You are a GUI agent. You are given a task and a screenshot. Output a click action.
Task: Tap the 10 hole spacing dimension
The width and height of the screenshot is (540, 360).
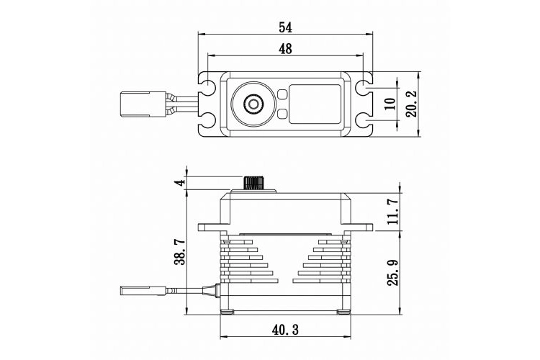click(390, 104)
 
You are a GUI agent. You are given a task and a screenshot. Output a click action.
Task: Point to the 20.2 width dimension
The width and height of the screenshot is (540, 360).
click(412, 104)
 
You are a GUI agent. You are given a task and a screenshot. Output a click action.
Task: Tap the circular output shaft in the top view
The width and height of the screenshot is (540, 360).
click(254, 105)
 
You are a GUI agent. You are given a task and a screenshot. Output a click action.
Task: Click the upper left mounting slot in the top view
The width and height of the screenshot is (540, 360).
click(209, 89)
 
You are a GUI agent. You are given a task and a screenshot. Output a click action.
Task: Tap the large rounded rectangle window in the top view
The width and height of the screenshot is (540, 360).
click(315, 104)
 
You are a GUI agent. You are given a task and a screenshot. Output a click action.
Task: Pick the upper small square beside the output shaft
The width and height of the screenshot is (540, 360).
click(282, 94)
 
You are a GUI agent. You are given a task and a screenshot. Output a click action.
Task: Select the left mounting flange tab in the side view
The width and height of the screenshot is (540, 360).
click(210, 228)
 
